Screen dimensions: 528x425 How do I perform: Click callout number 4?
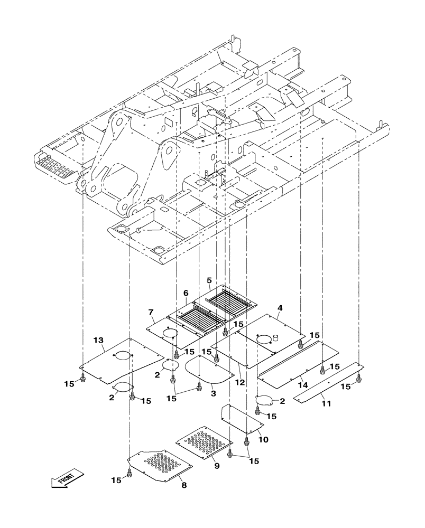280,307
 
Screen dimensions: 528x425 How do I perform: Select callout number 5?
209,280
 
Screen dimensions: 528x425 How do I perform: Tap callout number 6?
186,293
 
